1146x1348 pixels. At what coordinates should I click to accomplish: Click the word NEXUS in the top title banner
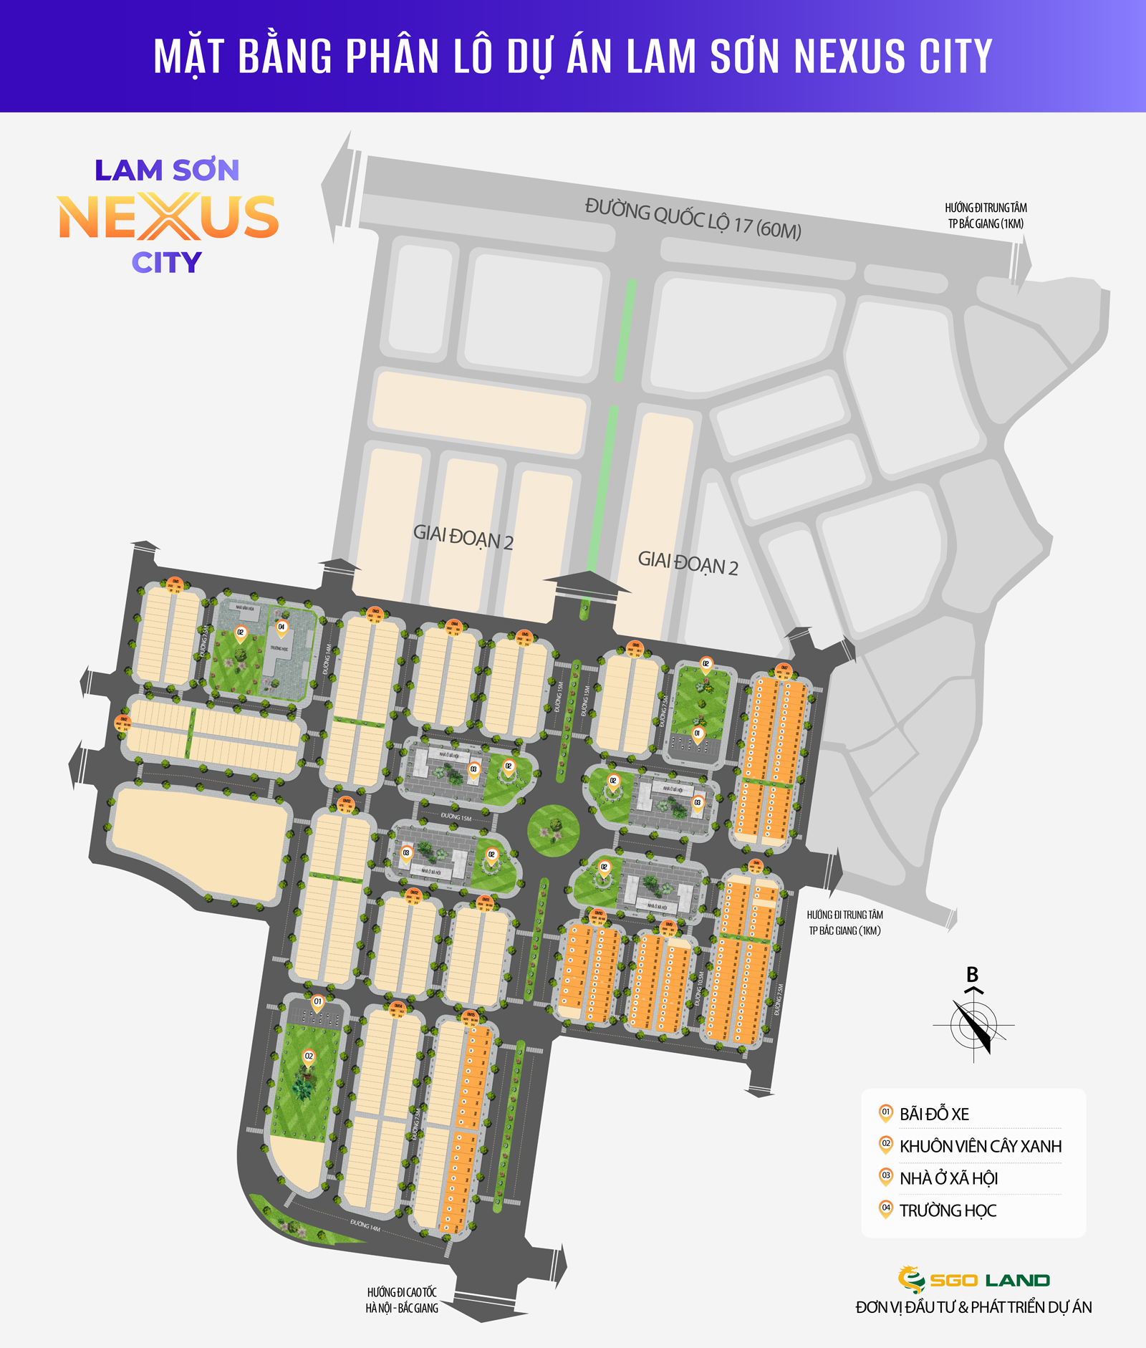(x=850, y=57)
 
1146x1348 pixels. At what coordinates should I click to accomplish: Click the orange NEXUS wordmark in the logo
(x=168, y=217)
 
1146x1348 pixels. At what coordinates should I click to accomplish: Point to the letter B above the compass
(x=972, y=975)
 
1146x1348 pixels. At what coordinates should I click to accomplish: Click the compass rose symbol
(x=973, y=1025)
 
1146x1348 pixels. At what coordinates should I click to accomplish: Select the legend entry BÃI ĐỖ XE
(x=934, y=1114)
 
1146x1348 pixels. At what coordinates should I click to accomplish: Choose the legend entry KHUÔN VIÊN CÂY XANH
(x=980, y=1146)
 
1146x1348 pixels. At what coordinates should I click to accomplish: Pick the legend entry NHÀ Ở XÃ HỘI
(x=948, y=1178)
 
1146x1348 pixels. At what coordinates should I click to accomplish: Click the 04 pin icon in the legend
(x=886, y=1209)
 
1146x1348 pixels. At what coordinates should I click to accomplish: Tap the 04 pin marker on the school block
(x=281, y=628)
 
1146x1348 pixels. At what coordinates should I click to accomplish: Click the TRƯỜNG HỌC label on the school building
(x=279, y=649)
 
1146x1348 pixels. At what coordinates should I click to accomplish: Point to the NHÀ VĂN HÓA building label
(x=245, y=608)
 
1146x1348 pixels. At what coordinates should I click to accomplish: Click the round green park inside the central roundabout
(x=553, y=830)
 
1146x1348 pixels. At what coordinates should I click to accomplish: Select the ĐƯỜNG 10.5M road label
(x=700, y=988)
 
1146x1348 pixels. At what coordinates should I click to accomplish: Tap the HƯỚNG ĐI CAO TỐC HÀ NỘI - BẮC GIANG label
(x=402, y=1300)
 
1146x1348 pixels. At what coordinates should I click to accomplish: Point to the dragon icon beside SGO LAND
(x=910, y=1280)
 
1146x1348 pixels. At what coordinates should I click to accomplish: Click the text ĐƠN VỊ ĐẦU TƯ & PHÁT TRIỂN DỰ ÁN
(x=973, y=1307)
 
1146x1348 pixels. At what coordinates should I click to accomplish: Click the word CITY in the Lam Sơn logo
(x=167, y=263)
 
